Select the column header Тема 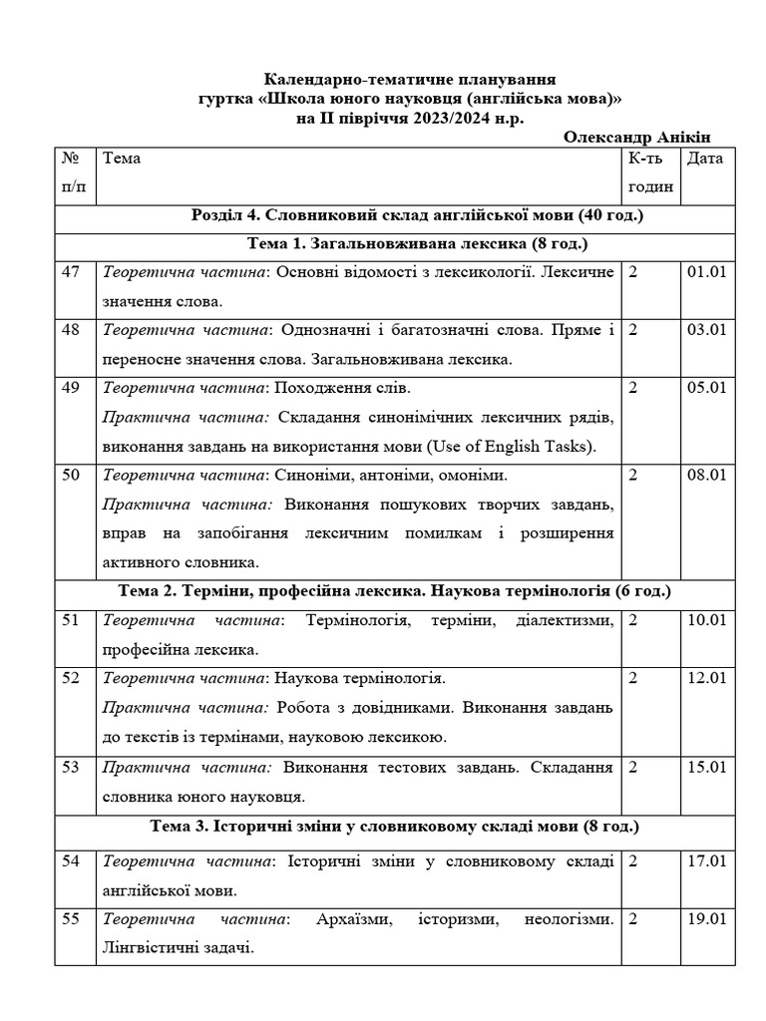[122, 159]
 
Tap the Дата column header [705, 159]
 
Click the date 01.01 [705, 272]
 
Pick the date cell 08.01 [705, 475]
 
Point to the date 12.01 [705, 679]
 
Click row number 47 [71, 272]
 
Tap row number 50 [71, 475]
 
